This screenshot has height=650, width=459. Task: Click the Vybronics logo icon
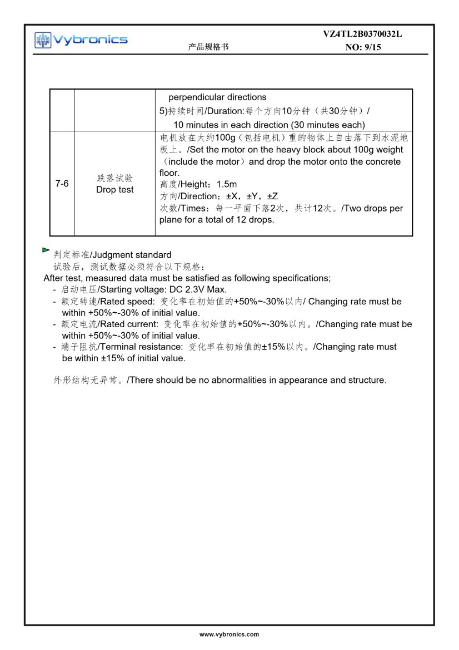42,40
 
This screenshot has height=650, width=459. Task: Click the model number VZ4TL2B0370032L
362,34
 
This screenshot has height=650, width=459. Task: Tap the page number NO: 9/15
363,48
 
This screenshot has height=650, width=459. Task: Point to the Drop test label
114,190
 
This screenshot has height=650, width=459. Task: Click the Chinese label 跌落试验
114,178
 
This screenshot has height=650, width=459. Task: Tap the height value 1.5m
227,184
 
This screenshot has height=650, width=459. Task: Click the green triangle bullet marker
46,251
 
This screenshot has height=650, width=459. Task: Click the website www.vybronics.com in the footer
229,634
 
